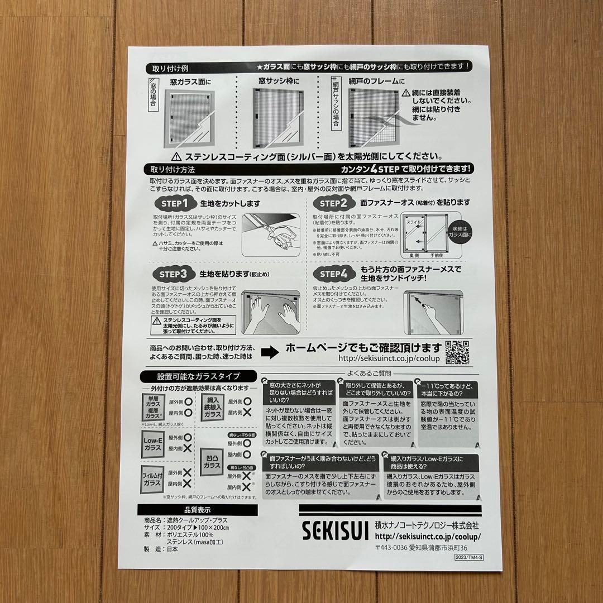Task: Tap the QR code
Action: pyautogui.click(x=457, y=352)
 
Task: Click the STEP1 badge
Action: pyautogui.click(x=174, y=203)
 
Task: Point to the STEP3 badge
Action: pyautogui.click(x=174, y=274)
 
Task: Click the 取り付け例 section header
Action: pyautogui.click(x=170, y=69)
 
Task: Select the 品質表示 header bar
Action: pyautogui.click(x=197, y=510)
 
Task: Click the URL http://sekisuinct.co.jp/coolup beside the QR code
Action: pyautogui.click(x=389, y=359)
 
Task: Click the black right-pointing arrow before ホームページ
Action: pyautogui.click(x=270, y=352)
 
